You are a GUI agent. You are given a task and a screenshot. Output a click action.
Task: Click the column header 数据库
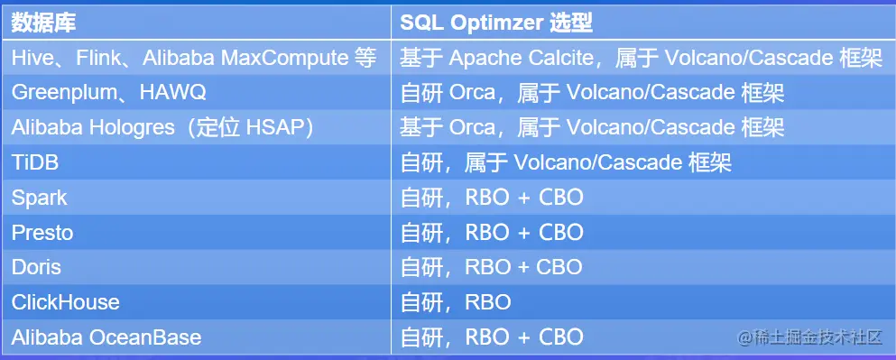tap(42, 23)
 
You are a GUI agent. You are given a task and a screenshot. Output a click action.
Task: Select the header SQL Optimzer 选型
tap(495, 23)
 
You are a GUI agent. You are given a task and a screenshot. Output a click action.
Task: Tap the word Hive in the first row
tap(31, 58)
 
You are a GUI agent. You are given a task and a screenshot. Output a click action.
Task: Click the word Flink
tap(99, 58)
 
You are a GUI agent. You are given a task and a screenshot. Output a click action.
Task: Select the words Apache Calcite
tap(521, 58)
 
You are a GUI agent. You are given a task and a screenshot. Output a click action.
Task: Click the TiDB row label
tap(33, 162)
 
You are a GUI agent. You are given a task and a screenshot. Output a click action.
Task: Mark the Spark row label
tap(39, 198)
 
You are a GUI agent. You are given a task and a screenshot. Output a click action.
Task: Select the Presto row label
tap(42, 233)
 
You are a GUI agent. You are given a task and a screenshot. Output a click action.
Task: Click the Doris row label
tap(37, 267)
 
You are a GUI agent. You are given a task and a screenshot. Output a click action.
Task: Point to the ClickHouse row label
tap(65, 302)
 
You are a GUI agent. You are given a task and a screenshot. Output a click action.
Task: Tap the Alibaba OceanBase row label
tap(106, 337)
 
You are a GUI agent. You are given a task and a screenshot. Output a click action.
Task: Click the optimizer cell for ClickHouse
tap(456, 302)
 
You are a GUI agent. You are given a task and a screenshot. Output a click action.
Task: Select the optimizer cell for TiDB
tap(565, 162)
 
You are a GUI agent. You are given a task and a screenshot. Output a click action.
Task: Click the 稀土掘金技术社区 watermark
tap(808, 337)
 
